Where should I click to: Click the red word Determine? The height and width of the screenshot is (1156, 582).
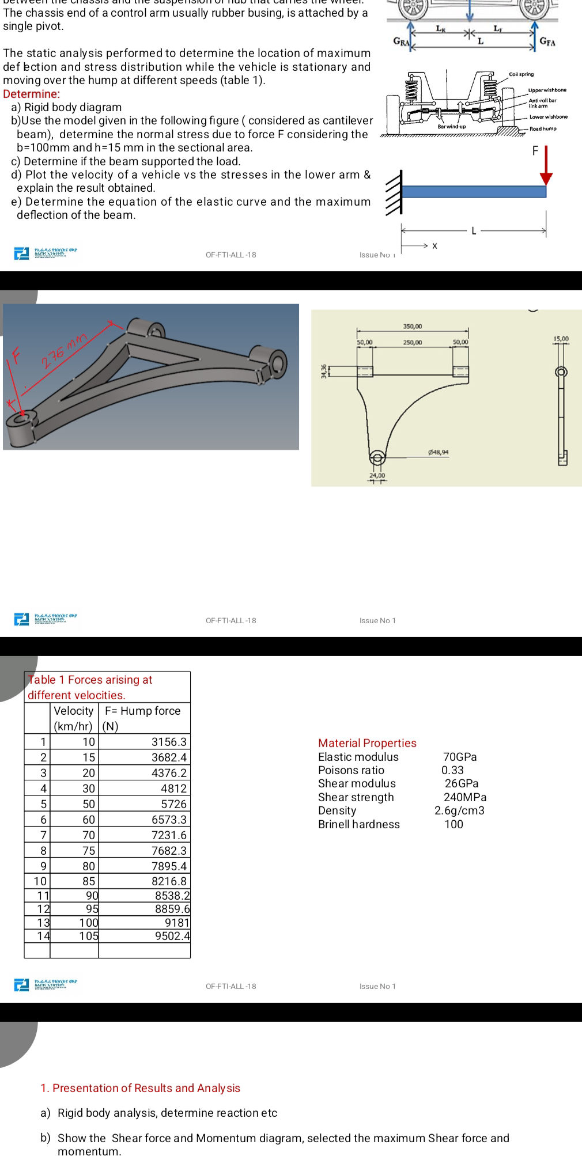(x=31, y=94)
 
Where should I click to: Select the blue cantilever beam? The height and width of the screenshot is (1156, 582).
(x=474, y=192)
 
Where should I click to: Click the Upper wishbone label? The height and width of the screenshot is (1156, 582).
(x=547, y=90)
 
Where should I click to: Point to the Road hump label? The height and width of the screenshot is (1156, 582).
(x=543, y=128)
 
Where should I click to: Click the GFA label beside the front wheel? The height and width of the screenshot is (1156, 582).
(x=547, y=41)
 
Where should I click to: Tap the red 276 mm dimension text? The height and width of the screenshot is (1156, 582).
(x=64, y=350)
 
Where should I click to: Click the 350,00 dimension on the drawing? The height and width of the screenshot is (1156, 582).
(x=412, y=327)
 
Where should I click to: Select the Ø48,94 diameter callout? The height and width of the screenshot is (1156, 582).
(x=438, y=452)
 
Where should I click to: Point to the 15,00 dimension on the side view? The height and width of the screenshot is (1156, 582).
(x=561, y=339)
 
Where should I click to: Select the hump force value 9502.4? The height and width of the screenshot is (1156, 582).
(x=172, y=936)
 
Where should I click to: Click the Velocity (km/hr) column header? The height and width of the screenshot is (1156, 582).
(x=74, y=718)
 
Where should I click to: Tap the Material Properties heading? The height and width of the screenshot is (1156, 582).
(x=367, y=743)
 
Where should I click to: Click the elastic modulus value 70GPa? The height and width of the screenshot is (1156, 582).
(x=459, y=757)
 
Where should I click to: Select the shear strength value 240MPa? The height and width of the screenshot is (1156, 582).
(x=464, y=797)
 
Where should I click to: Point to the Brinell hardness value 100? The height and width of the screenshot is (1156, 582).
(x=453, y=824)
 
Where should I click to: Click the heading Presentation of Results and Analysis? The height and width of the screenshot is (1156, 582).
(x=140, y=1088)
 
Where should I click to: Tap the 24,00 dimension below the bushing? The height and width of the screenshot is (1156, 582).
(x=377, y=476)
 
